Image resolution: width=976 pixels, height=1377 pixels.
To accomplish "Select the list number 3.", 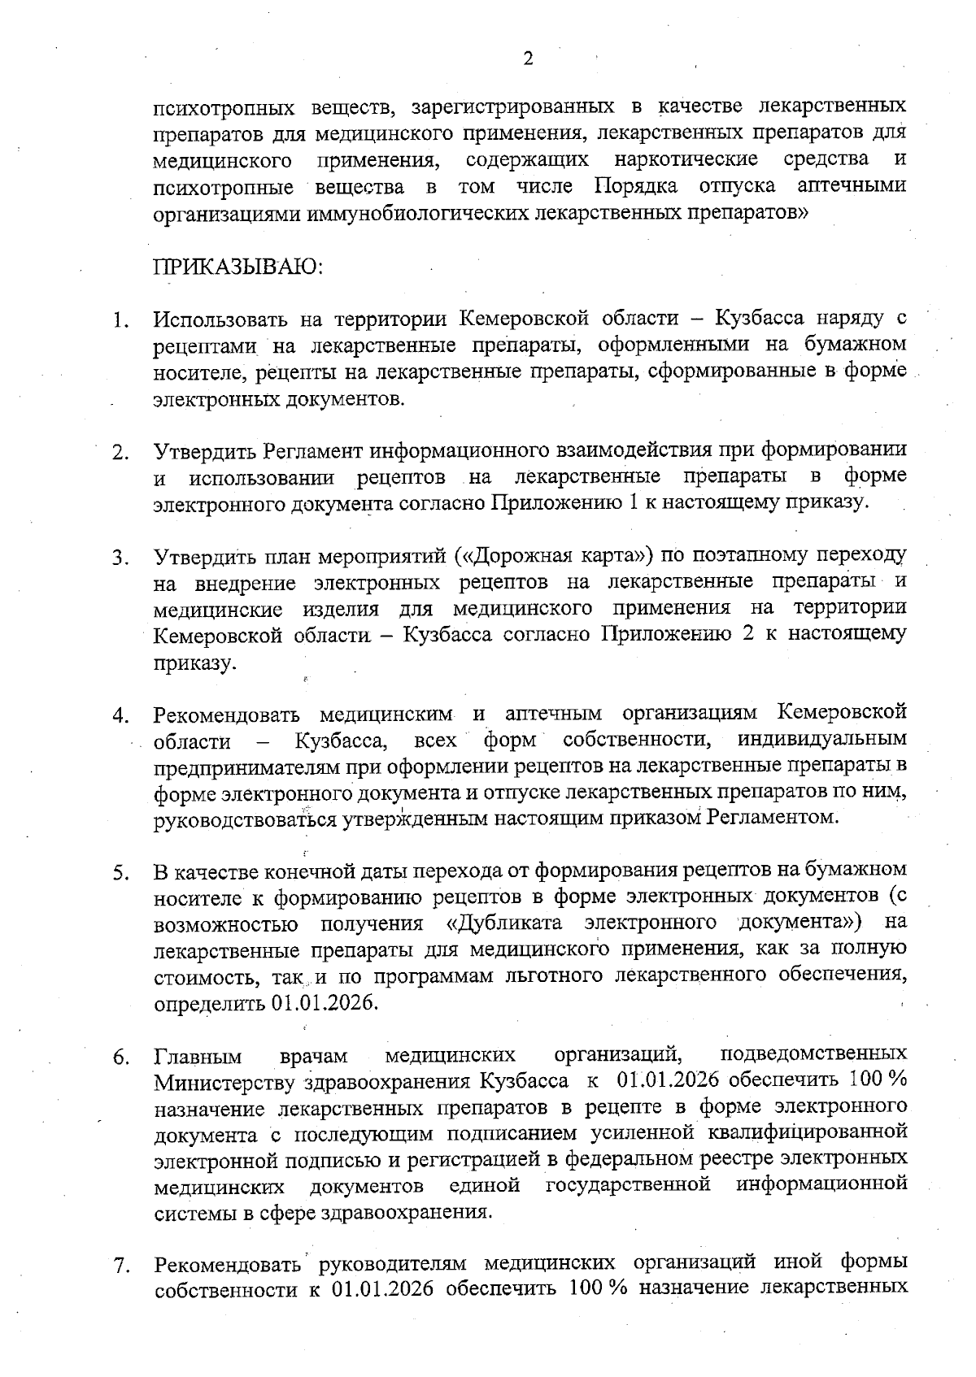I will click(x=120, y=558).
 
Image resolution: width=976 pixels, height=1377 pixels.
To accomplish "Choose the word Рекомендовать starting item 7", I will click(x=231, y=1265).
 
